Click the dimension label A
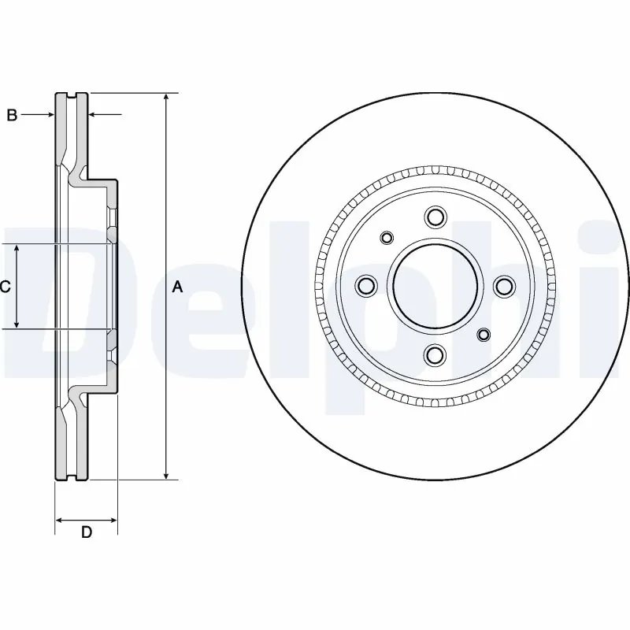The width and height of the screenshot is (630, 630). pos(177,287)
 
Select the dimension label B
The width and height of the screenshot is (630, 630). pos(12,116)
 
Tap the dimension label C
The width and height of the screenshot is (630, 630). pos(5,287)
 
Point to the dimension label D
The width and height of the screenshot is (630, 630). pos(87,532)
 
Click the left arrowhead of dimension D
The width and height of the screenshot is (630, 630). pos(59,520)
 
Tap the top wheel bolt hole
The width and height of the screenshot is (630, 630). pos(433,217)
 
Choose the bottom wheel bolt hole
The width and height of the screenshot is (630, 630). pos(433,356)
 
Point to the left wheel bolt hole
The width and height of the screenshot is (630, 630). pos(365,286)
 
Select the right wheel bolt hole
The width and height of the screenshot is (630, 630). pos(503,287)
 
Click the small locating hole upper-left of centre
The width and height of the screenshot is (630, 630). pos(386,238)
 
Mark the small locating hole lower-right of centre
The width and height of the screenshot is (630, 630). pos(483,335)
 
